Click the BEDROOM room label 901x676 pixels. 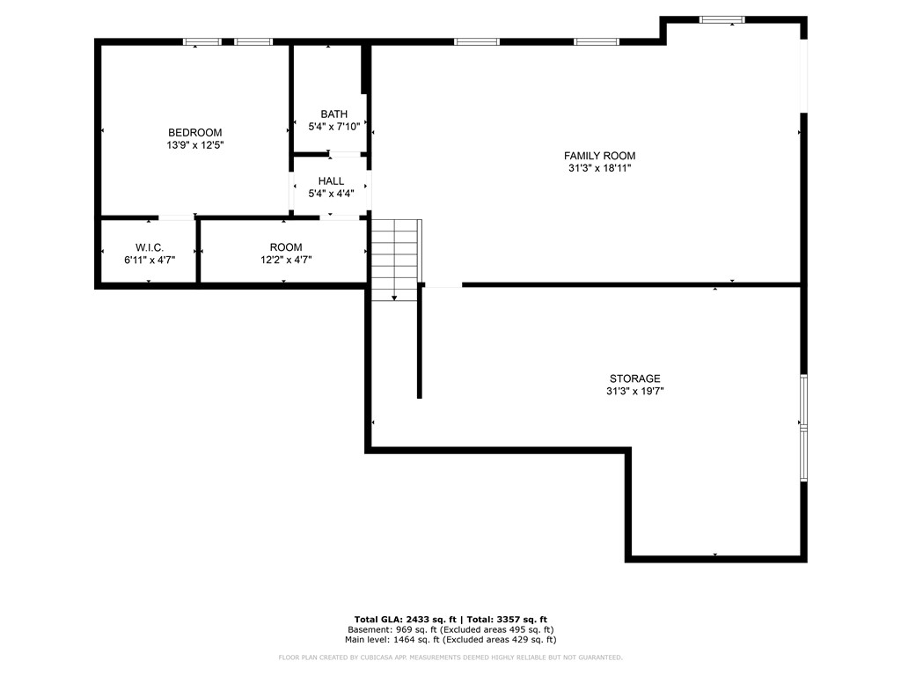194,133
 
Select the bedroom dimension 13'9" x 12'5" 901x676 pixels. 194,145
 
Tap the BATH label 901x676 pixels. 333,114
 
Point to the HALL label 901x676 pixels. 331,181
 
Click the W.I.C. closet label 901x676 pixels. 150,247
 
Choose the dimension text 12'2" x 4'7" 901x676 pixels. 286,260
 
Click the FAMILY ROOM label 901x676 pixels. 599,156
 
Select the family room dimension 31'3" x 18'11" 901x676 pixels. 599,168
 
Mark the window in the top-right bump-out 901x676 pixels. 722,19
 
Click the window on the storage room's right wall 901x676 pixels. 803,428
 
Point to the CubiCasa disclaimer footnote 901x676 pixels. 450,658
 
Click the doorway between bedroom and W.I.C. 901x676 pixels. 176,217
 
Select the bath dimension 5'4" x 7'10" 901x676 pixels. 333,127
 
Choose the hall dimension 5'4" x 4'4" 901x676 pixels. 331,194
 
